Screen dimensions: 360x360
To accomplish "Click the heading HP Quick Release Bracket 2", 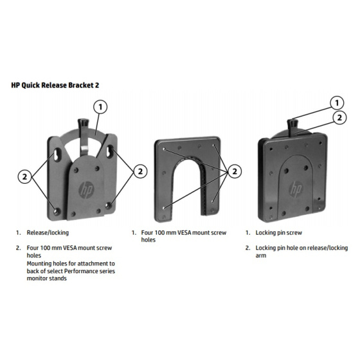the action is point(55,85).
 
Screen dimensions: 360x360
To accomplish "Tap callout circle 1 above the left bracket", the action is point(100,107).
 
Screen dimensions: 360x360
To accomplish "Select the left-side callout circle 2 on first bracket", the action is point(25,176).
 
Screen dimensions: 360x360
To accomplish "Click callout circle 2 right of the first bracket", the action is point(140,171).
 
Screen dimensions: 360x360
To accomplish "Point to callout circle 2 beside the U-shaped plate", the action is point(235,171).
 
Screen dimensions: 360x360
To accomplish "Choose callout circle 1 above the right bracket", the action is point(337,103).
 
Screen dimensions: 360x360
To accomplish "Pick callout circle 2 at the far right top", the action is point(339,118).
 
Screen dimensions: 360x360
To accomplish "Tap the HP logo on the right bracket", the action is point(296,189).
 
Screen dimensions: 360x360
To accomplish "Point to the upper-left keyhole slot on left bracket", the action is point(57,153).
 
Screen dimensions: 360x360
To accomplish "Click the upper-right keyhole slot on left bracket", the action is point(110,150).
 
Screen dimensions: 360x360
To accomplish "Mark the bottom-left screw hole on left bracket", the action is point(57,212).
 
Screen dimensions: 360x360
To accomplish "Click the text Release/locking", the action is point(48,233).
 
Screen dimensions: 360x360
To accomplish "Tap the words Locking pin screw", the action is point(278,233).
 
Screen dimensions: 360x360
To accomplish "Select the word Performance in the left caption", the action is point(81,271).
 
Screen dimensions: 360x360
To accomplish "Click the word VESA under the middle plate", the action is point(184,233).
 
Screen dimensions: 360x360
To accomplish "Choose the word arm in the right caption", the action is point(261,256).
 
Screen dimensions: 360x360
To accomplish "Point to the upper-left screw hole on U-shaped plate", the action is point(164,149).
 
